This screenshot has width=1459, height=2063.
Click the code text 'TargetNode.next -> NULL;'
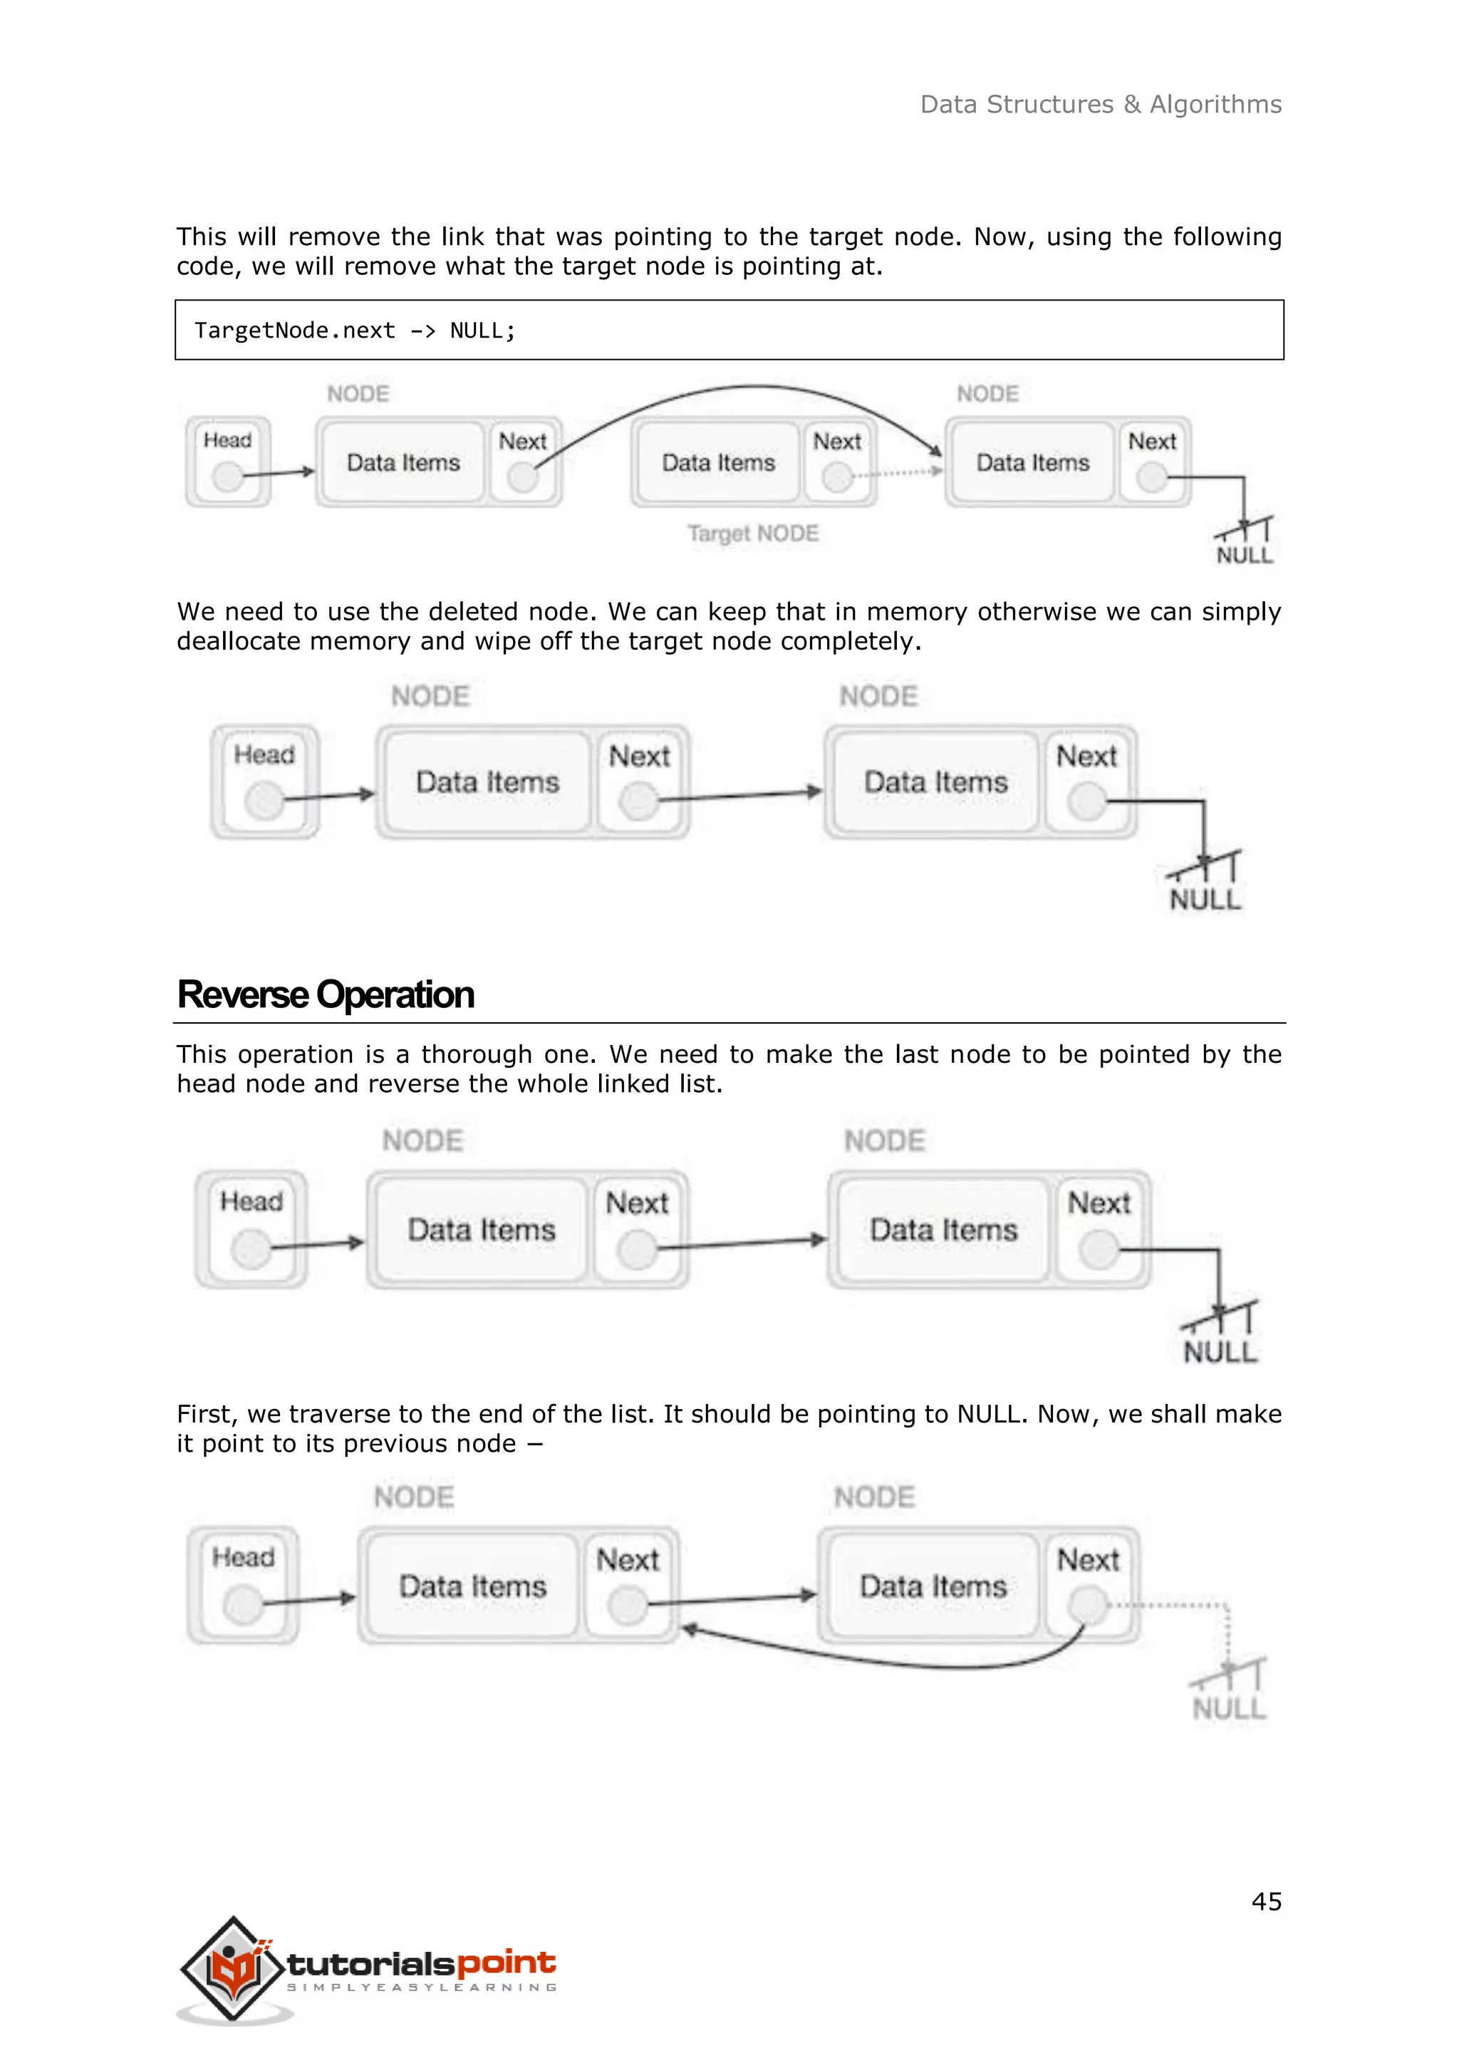pyautogui.click(x=355, y=331)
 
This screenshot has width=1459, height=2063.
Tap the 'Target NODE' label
pyautogui.click(x=753, y=534)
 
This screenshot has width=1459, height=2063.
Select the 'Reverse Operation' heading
pyautogui.click(x=326, y=994)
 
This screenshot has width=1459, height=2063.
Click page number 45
pyautogui.click(x=1266, y=1901)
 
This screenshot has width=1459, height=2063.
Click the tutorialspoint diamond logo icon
pyautogui.click(x=234, y=1968)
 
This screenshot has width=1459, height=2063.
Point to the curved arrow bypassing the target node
pyautogui.click(x=754, y=389)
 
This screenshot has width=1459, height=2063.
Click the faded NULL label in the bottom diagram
pyautogui.click(x=1229, y=1708)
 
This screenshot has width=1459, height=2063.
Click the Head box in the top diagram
pyautogui.click(x=228, y=461)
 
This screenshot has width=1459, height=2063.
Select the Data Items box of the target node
pyautogui.click(x=718, y=463)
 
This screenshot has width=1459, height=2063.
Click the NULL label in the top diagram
pyautogui.click(x=1245, y=555)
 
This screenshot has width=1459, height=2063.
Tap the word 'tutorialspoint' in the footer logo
pyautogui.click(x=420, y=1963)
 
